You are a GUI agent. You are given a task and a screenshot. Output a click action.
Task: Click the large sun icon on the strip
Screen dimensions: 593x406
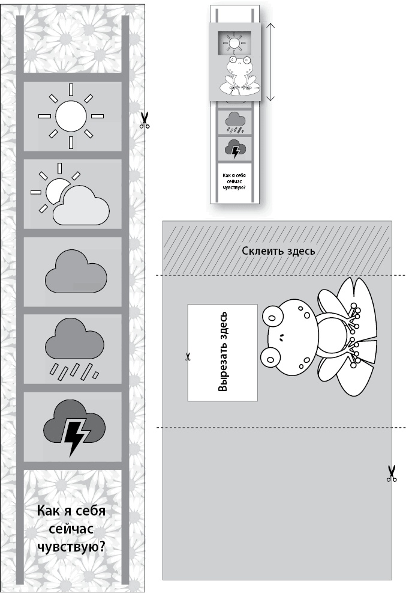[71, 115]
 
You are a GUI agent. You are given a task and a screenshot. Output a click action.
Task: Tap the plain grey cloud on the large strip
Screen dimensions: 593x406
[76, 272]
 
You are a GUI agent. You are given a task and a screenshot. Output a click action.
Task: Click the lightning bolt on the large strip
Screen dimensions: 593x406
[74, 433]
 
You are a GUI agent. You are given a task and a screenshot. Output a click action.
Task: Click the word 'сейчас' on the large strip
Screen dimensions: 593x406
[71, 529]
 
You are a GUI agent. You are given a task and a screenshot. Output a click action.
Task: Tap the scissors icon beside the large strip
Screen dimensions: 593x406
[145, 120]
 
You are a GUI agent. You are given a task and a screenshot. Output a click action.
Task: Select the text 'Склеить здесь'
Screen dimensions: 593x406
[278, 251]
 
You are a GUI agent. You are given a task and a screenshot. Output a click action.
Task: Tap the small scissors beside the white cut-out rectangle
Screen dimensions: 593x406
[188, 357]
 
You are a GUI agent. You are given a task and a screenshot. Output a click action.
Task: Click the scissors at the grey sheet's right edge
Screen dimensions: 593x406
[392, 473]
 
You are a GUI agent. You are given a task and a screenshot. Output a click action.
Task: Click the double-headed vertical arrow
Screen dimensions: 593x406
[270, 62]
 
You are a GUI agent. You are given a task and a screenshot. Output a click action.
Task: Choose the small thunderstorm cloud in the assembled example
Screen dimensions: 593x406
[234, 148]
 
